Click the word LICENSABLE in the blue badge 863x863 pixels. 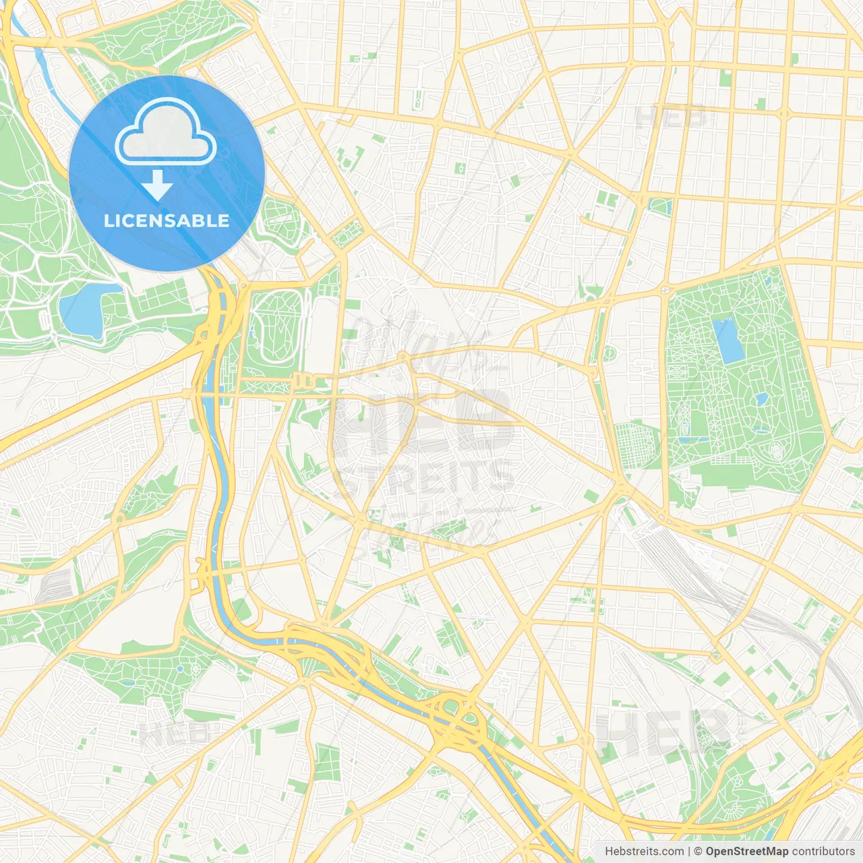point(167,220)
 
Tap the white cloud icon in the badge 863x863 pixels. point(166,132)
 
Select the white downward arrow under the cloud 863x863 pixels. point(157,185)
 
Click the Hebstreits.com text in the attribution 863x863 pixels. point(644,852)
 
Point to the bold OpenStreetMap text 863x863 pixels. point(746,852)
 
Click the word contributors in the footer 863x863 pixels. point(823,852)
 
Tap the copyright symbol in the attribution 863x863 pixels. point(698,852)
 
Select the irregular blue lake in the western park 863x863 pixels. point(86,310)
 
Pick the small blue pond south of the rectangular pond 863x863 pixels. point(761,399)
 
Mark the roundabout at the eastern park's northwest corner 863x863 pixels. point(667,289)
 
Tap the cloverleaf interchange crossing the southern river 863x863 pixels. point(458,718)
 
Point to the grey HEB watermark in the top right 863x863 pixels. point(671,118)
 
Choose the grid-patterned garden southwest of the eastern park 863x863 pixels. point(637,444)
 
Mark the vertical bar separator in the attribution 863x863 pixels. point(688,852)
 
